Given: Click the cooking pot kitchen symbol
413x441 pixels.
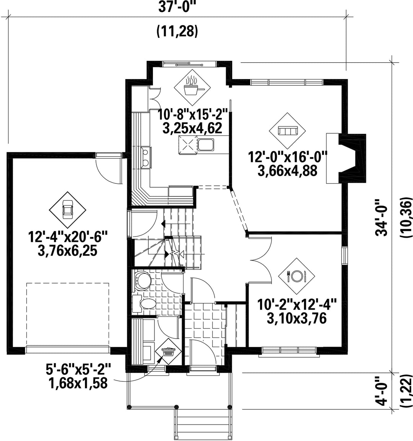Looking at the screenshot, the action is click(192, 87).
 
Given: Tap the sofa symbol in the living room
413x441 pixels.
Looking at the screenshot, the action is click(287, 131).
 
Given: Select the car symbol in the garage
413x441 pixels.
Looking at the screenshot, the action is click(68, 210).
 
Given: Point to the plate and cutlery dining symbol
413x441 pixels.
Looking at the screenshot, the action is click(296, 276).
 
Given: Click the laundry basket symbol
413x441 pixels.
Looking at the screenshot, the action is click(169, 352).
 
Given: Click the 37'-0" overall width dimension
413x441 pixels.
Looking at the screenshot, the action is click(177, 7).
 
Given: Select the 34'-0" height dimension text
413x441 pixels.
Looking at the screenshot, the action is click(382, 218).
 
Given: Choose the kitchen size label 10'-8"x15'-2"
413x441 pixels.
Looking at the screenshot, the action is click(193, 115).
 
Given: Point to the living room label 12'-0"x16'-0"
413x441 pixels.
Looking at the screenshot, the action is click(287, 157).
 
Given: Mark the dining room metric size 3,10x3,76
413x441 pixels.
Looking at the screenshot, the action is click(296, 318).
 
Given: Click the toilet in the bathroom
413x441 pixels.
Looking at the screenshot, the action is click(147, 304).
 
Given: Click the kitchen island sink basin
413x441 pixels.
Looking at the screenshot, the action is click(205, 144).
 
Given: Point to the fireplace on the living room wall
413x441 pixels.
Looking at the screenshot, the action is click(346, 159).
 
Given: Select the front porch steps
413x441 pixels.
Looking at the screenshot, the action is click(202, 425).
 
